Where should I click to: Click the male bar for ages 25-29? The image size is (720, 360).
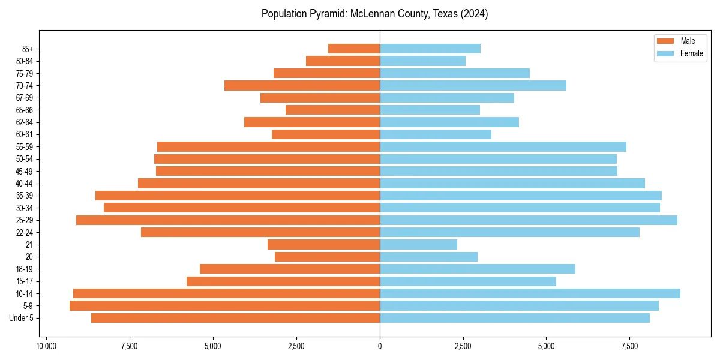pyautogui.click(x=228, y=220)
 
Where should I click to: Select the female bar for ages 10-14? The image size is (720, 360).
pyautogui.click(x=530, y=293)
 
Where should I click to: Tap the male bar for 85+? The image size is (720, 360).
pyautogui.click(x=354, y=49)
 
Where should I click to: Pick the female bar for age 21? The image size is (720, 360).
pyautogui.click(x=418, y=245)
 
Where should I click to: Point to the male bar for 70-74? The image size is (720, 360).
pyautogui.click(x=302, y=86)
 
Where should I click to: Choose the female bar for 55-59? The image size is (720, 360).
pyautogui.click(x=503, y=147)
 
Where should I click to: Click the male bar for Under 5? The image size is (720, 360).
pyautogui.click(x=235, y=318)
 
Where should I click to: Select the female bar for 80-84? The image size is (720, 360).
pyautogui.click(x=422, y=61)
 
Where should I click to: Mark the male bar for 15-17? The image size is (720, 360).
pyautogui.click(x=283, y=281)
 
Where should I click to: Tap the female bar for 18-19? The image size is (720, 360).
pyautogui.click(x=477, y=269)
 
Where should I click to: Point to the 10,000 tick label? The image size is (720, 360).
pyautogui.click(x=46, y=347)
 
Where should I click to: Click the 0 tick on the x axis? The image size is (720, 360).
pyautogui.click(x=380, y=347)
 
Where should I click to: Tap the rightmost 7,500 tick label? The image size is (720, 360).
pyautogui.click(x=629, y=347)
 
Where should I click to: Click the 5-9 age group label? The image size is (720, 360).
pyautogui.click(x=27, y=306)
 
